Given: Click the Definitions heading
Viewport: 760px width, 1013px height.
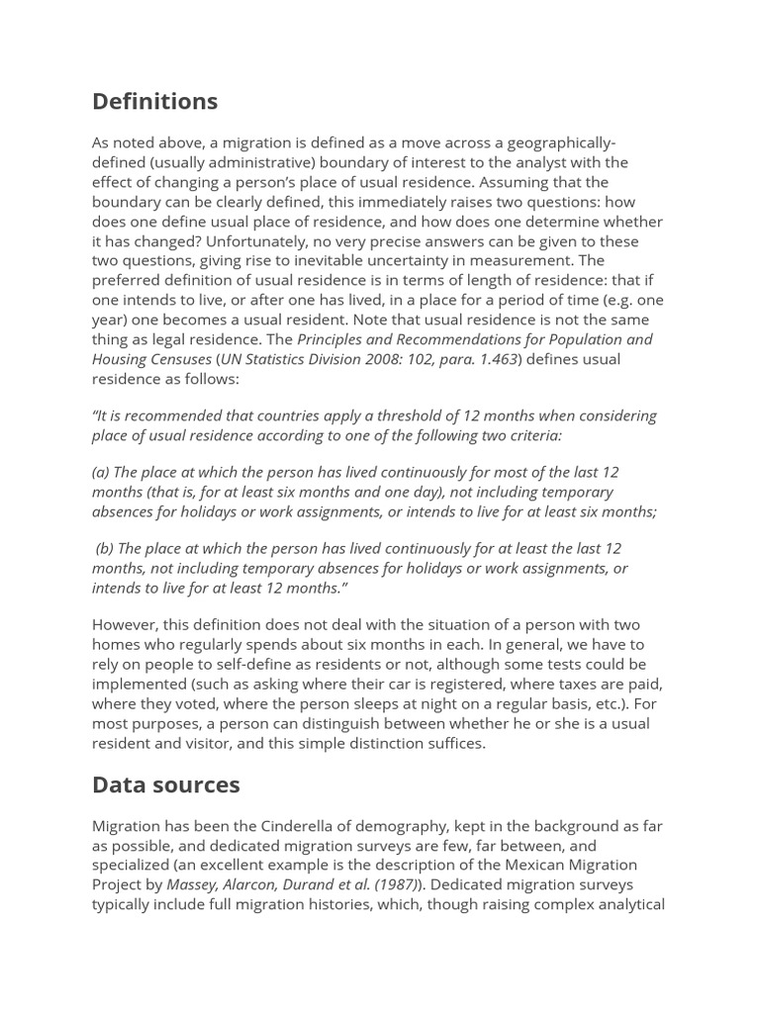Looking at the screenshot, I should (154, 101).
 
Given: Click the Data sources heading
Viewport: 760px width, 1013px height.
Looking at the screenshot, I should (165, 784).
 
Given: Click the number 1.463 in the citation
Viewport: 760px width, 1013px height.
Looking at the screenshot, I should (493, 359).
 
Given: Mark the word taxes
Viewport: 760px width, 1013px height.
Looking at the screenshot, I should (561, 684).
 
